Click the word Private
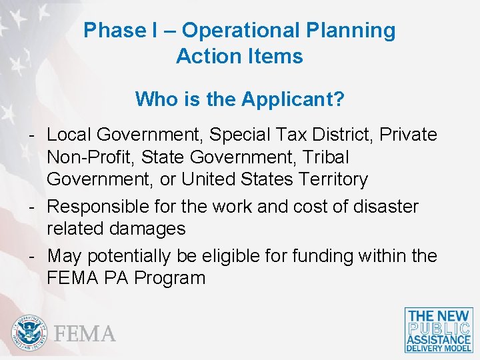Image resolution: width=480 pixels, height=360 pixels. pos(409,135)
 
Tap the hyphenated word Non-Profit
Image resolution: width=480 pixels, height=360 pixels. pos(89,157)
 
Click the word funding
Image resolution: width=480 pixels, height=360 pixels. pos(324,256)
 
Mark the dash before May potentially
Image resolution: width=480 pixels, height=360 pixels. pos(32,255)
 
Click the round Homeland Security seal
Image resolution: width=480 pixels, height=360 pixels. pos(29,333)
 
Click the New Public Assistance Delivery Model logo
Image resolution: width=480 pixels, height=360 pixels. pos(439,330)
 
